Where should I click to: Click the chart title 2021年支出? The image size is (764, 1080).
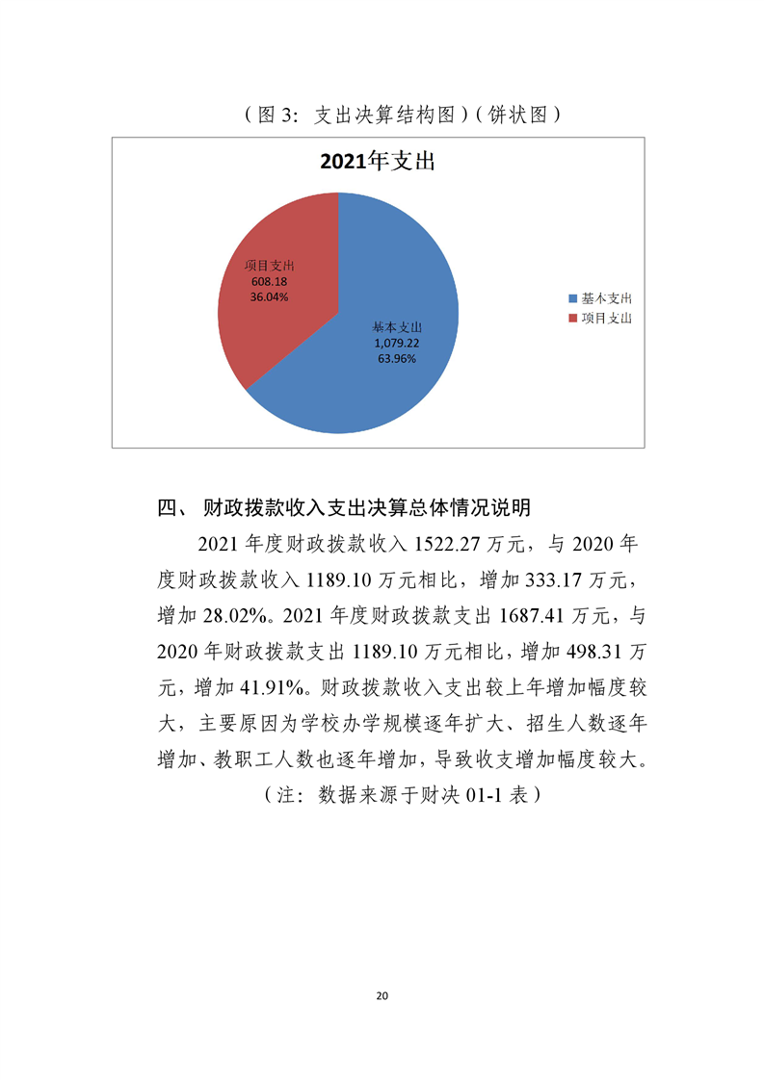click(x=378, y=162)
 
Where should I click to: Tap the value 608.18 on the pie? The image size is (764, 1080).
click(x=269, y=282)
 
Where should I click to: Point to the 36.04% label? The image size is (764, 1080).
click(x=269, y=297)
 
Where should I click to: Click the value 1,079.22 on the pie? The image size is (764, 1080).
click(x=397, y=343)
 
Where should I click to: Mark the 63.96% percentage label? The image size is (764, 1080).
click(x=397, y=358)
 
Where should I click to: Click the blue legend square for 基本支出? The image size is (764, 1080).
click(x=572, y=299)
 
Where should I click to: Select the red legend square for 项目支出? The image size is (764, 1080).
click(x=572, y=318)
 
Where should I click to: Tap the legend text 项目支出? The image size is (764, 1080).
click(x=606, y=318)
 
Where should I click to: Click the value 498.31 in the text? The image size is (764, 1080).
click(x=588, y=652)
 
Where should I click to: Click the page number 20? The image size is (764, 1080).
click(x=382, y=995)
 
